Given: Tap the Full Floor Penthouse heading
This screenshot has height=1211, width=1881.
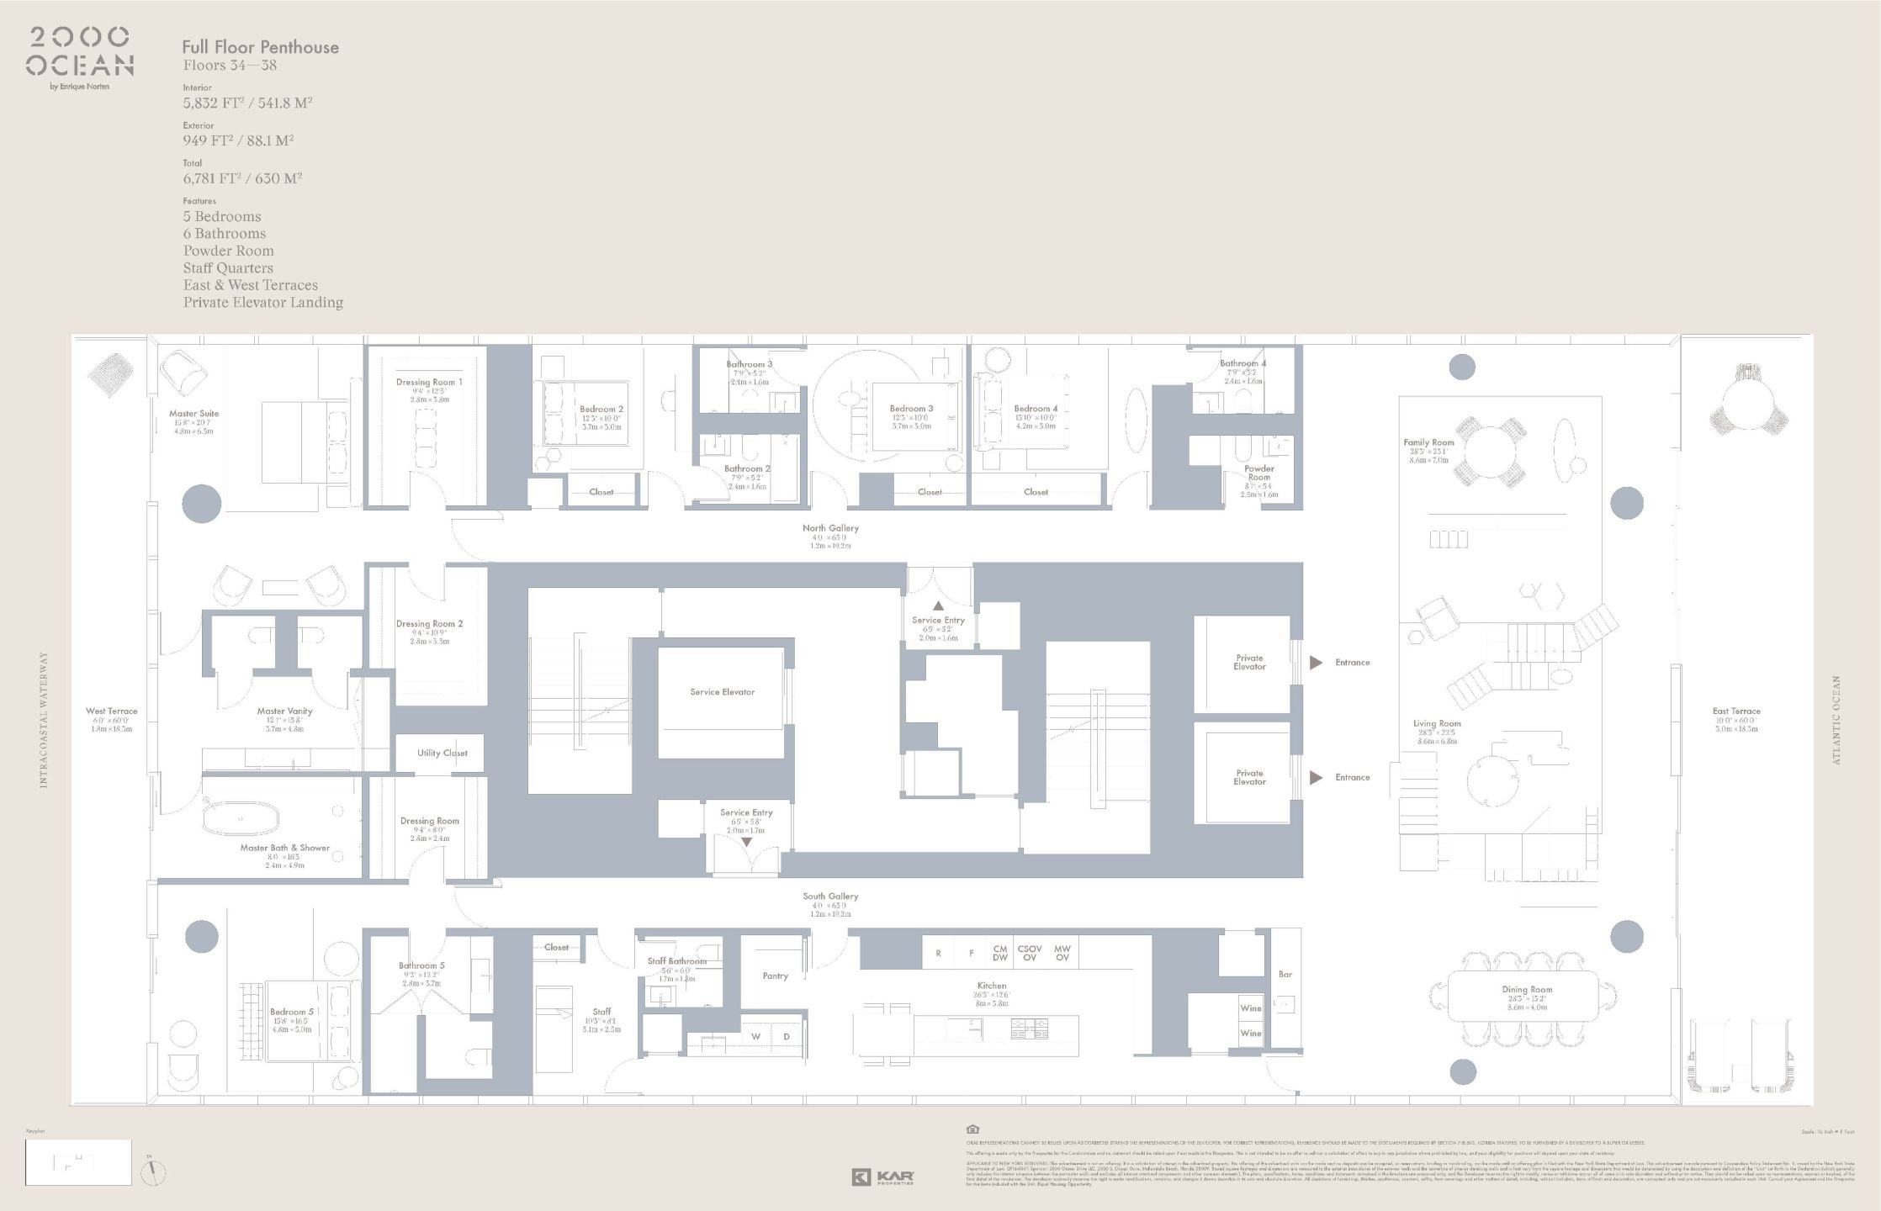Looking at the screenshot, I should click(x=260, y=48).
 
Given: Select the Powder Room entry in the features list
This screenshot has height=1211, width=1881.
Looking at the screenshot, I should click(x=228, y=251).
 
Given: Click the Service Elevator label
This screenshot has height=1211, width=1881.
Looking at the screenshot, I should click(x=722, y=692).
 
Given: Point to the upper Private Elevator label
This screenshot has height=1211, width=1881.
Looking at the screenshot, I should click(x=1249, y=663).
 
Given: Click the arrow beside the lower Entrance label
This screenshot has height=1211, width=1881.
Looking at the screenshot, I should click(x=1316, y=778).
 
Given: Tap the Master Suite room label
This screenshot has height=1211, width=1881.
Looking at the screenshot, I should click(x=193, y=414).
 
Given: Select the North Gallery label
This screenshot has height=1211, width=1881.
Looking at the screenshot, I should click(x=829, y=528).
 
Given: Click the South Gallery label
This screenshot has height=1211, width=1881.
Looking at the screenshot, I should click(x=829, y=896).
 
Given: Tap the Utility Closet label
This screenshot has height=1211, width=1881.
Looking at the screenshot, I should click(x=442, y=753).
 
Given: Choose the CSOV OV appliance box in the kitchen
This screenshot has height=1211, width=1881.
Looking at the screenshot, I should click(x=1030, y=953).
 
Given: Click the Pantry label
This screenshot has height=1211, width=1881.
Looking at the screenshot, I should click(x=775, y=976).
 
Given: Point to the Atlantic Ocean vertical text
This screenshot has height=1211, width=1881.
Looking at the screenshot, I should click(x=1836, y=720).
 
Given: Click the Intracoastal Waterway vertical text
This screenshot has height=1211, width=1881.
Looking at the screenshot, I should click(x=44, y=720).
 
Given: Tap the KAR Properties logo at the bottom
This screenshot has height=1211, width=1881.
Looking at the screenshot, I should click(x=882, y=1177).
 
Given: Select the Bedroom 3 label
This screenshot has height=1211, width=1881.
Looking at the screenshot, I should click(x=911, y=409).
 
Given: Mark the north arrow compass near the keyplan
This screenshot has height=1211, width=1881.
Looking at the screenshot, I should click(x=153, y=1171).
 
